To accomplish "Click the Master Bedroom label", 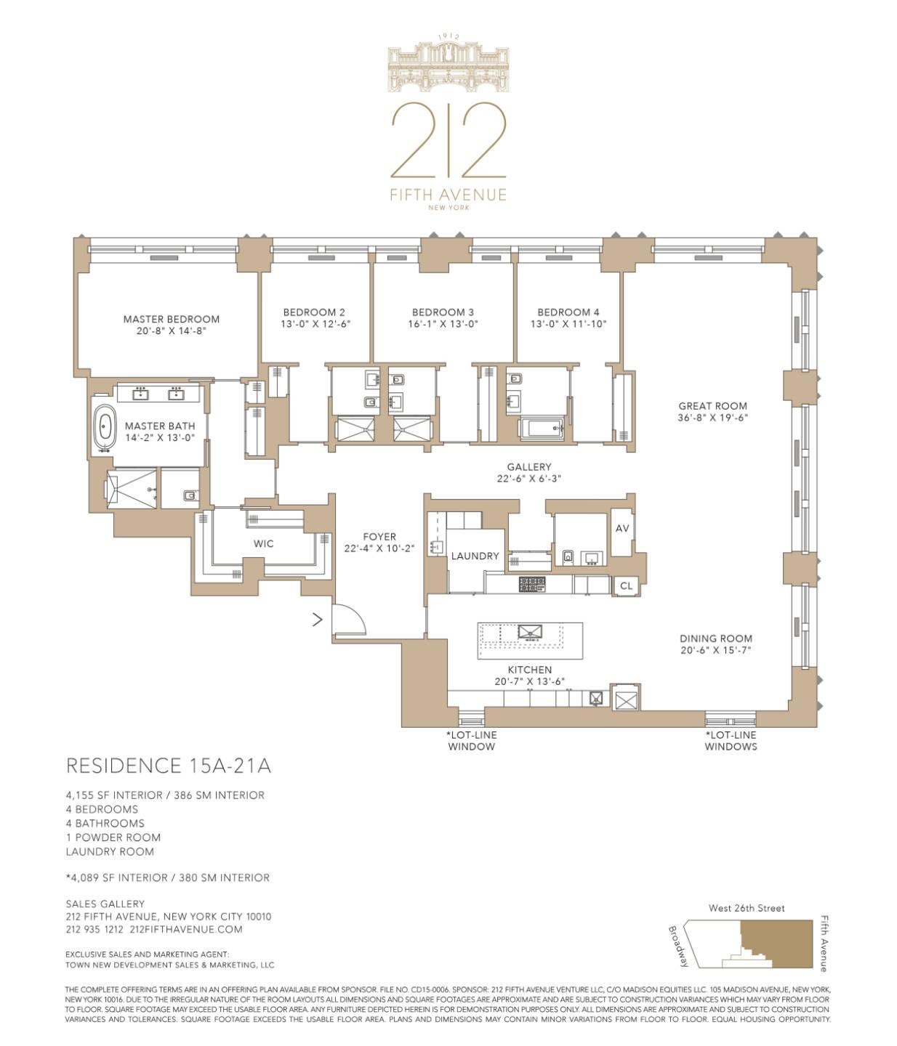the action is (x=172, y=320).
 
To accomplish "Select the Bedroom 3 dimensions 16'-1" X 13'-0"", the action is (x=443, y=324).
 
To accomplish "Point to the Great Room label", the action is (x=712, y=406).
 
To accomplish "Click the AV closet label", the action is (x=622, y=528).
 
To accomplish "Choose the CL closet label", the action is (x=626, y=585).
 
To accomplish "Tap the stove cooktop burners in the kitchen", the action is (x=532, y=584).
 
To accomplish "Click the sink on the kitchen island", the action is (x=530, y=632).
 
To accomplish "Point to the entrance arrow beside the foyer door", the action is (x=318, y=619).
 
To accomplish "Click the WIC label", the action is (x=263, y=543).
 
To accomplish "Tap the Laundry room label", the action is (x=475, y=556).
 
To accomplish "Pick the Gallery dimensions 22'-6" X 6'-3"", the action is (x=528, y=478).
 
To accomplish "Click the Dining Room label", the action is (x=716, y=638).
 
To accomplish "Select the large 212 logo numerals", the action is (x=448, y=139).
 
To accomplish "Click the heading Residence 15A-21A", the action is (x=169, y=766).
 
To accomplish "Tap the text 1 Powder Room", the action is (x=113, y=838).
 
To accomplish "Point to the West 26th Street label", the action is (x=747, y=908).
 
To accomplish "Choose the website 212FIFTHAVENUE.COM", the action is (x=186, y=929).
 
